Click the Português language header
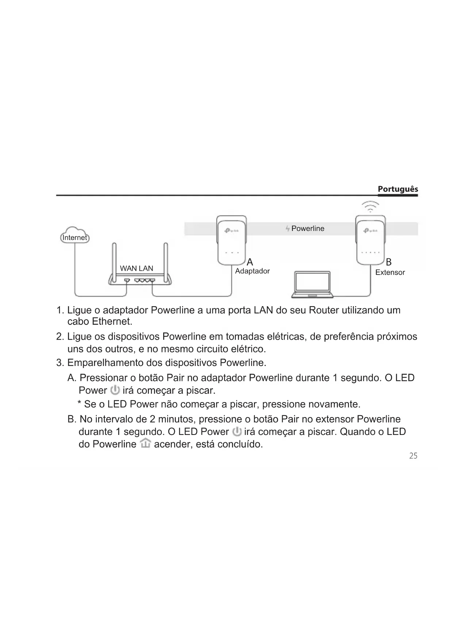(398, 189)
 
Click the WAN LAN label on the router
(137, 269)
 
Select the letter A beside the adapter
(250, 262)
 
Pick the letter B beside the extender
(389, 262)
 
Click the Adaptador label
(252, 271)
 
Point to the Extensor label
(390, 273)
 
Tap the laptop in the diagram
(312, 284)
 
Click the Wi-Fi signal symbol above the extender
(370, 207)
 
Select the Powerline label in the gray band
(308, 229)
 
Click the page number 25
(413, 456)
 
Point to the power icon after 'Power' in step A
(115, 390)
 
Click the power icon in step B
(237, 431)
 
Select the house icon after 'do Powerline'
(145, 444)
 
